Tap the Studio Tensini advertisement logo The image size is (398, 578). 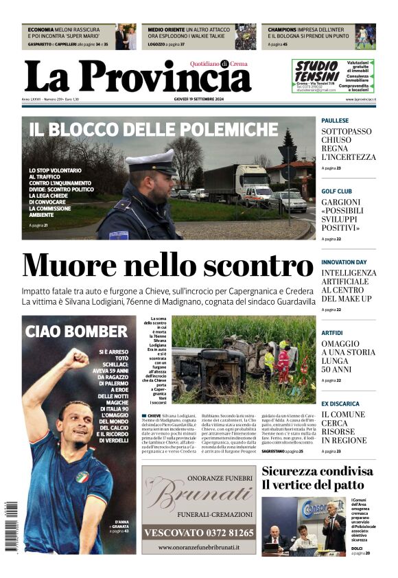point(316,71)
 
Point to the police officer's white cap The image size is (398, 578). point(152,162)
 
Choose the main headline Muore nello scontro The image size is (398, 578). point(167,266)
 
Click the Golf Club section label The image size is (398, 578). point(336,192)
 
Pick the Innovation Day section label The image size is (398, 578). point(344,262)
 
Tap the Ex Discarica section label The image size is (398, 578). point(340,404)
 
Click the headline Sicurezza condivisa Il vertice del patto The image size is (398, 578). point(317,478)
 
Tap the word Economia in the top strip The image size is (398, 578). point(41,30)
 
